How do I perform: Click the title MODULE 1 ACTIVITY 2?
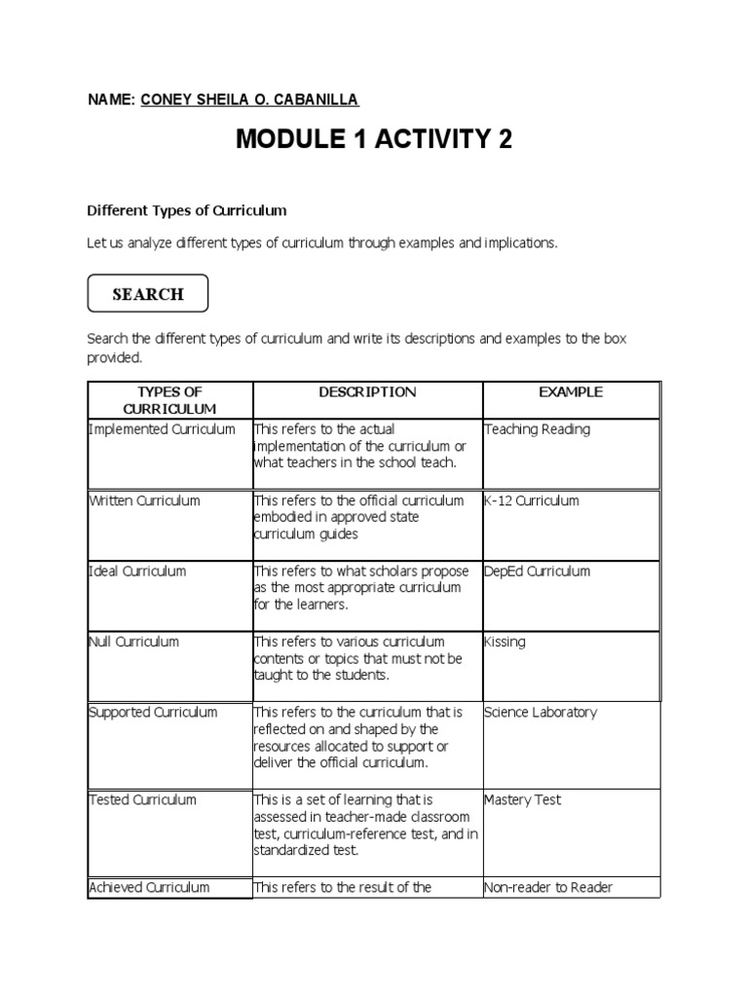click(x=374, y=141)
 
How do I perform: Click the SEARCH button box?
click(x=147, y=294)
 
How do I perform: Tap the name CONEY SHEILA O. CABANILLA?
click(x=250, y=99)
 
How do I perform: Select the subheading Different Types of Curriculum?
click(x=187, y=210)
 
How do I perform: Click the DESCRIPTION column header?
click(x=367, y=392)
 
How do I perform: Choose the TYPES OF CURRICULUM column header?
click(x=170, y=400)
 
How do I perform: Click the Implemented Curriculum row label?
click(x=162, y=429)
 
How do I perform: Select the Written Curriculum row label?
click(x=144, y=500)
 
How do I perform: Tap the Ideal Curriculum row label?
click(x=137, y=572)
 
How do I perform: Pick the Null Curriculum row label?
click(x=133, y=642)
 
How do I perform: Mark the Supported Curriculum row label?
click(x=153, y=712)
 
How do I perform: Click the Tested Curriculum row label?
click(x=142, y=799)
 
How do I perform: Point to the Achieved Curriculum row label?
click(x=149, y=887)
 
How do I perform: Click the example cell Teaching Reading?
click(x=537, y=429)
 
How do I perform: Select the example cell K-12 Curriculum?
click(x=531, y=500)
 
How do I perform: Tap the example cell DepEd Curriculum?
click(x=537, y=572)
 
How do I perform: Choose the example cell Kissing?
click(x=505, y=642)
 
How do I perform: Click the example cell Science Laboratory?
click(x=541, y=712)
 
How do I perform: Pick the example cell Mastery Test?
click(x=522, y=799)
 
